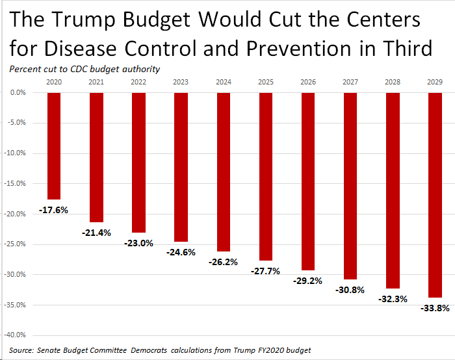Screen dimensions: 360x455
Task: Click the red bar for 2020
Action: pyautogui.click(x=54, y=146)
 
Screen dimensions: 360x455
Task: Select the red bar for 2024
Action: pyautogui.click(x=223, y=172)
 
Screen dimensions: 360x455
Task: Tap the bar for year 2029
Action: pyautogui.click(x=435, y=195)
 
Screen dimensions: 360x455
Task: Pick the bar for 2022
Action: pyautogui.click(x=138, y=162)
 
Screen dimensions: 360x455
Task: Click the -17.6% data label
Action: pyautogui.click(x=53, y=210)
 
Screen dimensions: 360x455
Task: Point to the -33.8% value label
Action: pyautogui.click(x=435, y=309)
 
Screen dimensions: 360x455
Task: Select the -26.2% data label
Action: pyautogui.click(x=223, y=262)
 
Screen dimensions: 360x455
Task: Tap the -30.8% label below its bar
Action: pyautogui.click(x=350, y=290)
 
